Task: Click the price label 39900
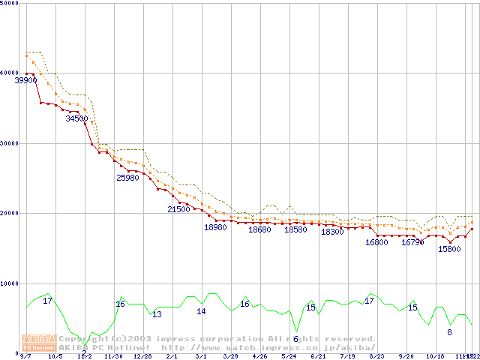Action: tap(26, 80)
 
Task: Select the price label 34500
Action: tap(76, 118)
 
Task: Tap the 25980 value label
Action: tap(127, 178)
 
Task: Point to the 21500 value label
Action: tap(178, 209)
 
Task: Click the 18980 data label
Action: tap(215, 227)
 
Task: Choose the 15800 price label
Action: tap(449, 249)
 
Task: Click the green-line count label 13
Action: tap(157, 314)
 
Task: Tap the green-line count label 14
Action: tap(201, 311)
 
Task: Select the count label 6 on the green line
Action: tap(295, 339)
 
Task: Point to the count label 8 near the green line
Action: tap(449, 331)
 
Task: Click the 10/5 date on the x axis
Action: tap(55, 356)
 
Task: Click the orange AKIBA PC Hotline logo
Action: tap(38, 343)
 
